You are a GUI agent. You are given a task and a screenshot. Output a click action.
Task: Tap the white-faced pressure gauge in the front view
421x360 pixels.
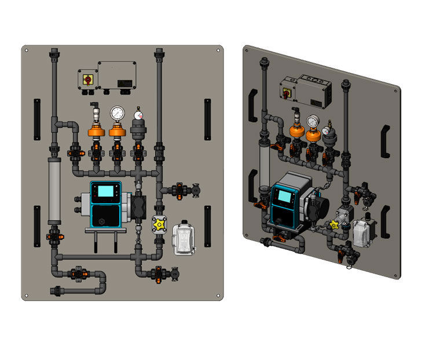pyautogui.click(x=118, y=112)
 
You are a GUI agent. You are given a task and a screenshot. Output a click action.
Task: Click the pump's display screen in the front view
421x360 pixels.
pyautogui.click(x=106, y=192)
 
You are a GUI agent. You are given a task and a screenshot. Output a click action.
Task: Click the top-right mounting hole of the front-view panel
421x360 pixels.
pyautogui.click(x=218, y=50)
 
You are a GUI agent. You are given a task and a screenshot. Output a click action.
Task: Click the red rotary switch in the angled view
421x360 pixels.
pyautogui.click(x=286, y=92)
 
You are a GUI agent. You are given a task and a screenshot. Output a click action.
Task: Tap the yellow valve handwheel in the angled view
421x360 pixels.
pyautogui.click(x=334, y=225)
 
